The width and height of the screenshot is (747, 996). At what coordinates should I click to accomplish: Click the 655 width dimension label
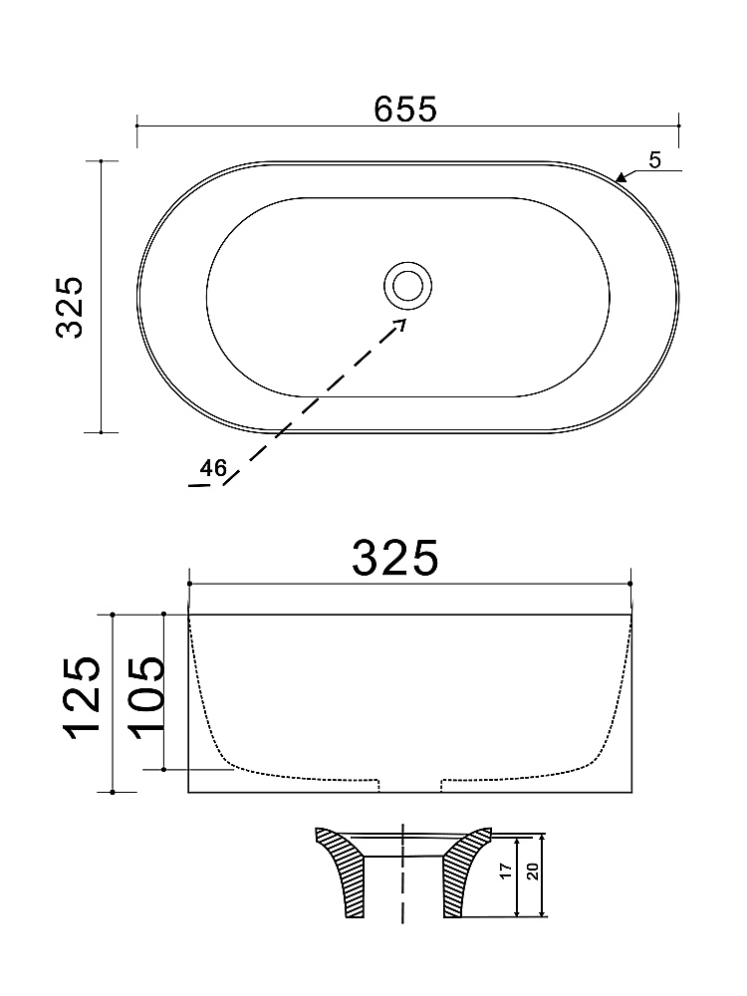pos(405,110)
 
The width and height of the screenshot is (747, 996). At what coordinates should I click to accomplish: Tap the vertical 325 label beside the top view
pos(71,308)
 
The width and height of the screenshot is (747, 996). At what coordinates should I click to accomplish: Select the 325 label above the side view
pos(395,559)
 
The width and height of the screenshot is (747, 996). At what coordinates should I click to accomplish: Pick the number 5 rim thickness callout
pos(655,160)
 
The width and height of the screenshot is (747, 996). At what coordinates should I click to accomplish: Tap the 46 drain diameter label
pos(213,468)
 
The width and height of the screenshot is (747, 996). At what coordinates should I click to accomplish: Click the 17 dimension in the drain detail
pos(506,871)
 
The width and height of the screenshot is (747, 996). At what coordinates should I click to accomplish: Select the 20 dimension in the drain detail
pos(533,871)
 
